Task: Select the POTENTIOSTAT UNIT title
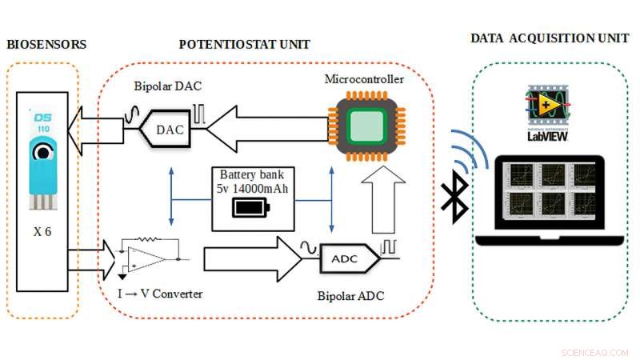pos(244,44)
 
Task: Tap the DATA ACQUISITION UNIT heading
pos(550,38)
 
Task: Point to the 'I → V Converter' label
pos(160,294)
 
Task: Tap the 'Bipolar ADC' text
pos(350,296)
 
